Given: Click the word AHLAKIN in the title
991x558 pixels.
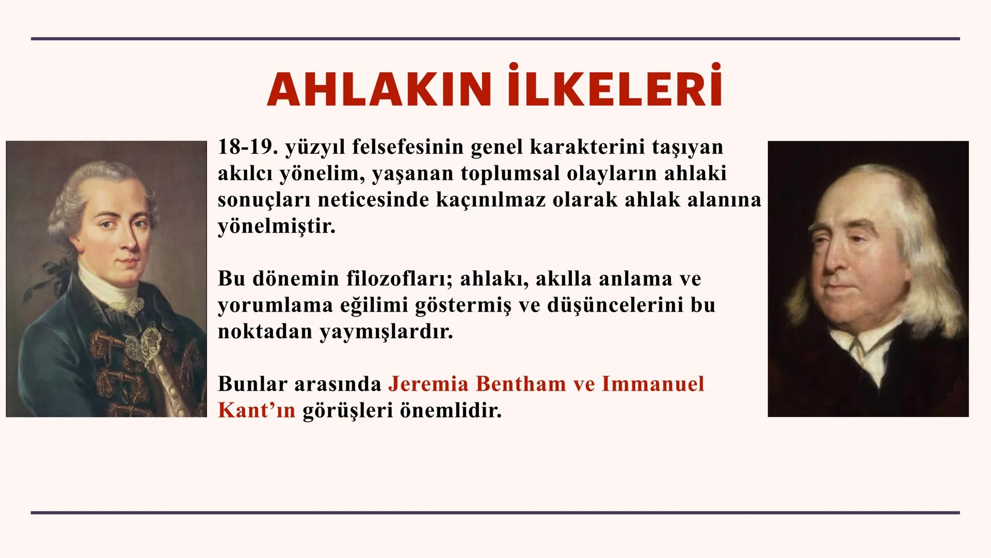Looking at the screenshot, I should pos(378,90).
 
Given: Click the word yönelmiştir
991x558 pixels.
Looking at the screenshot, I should pos(276,227).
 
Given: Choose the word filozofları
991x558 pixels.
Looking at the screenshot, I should pos(399,279).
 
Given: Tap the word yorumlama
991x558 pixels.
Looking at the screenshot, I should pos(274,306).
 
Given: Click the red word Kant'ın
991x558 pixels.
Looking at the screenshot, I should pos(257,411).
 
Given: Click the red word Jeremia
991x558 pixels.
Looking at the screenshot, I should pos(428,384).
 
